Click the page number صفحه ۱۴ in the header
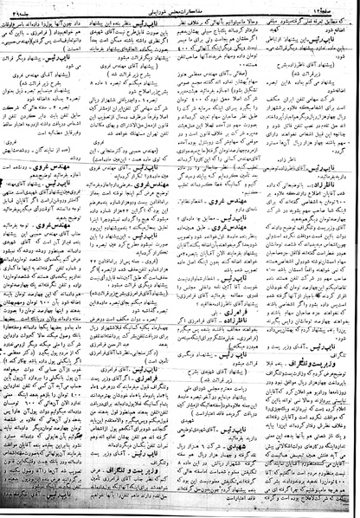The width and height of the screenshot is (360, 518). (x=334, y=7)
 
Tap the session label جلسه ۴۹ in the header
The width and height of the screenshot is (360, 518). (x=27, y=7)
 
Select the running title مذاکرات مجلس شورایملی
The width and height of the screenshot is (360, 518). (x=179, y=7)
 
